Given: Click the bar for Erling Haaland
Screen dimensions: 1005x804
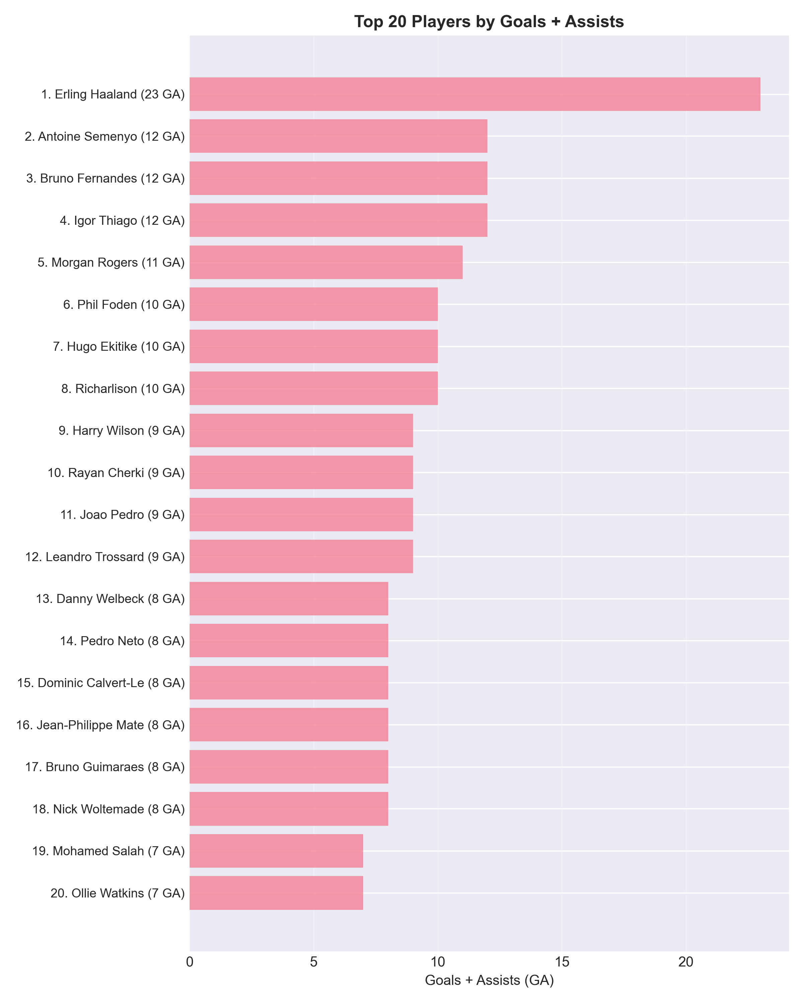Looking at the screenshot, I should coord(474,94).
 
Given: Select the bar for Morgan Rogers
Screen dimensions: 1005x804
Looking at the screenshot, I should coord(326,262).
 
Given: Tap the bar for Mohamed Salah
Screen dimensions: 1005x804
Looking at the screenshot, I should coord(276,851).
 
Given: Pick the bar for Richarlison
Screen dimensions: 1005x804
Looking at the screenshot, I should coord(313,388).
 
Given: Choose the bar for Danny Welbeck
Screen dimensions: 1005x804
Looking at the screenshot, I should coord(288,599).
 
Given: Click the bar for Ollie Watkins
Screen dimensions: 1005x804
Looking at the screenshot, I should coord(276,893).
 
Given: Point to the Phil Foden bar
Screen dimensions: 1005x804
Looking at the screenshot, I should coord(313,305).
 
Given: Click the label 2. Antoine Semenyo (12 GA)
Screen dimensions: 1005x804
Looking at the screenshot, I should coord(105,137).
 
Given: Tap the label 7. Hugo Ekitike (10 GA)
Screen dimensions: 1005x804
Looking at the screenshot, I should coord(119,347).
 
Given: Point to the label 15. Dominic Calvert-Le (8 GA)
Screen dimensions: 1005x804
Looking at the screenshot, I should coord(101,683).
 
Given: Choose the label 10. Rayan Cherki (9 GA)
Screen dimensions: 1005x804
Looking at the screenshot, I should coord(116,473).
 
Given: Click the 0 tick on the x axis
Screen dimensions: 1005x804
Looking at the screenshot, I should coord(190,962).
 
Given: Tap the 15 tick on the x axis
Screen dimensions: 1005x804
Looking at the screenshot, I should coord(562,962).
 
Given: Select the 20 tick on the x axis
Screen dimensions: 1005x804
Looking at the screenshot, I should coord(686,962).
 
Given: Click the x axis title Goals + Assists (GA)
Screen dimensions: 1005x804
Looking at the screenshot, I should coord(489,981).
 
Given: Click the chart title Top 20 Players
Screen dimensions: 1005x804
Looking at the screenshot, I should coord(489,21).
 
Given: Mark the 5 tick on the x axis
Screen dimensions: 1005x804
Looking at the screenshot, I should coord(314,962).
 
